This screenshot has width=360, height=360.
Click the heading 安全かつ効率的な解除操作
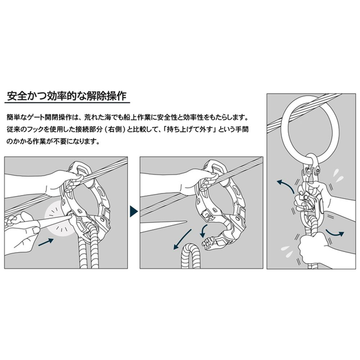pyautogui.click(x=67, y=96)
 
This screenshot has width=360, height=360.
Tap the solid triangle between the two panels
pyautogui.click(x=134, y=211)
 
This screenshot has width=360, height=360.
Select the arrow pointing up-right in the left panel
pyautogui.click(x=46, y=243)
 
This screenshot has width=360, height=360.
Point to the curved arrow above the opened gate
pyautogui.click(x=204, y=231)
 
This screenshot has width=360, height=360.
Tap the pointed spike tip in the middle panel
pyautogui.click(x=186, y=222)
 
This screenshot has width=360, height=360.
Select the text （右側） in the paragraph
pyautogui.click(x=114, y=130)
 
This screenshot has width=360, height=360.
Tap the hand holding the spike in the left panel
pyautogui.click(x=21, y=230)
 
